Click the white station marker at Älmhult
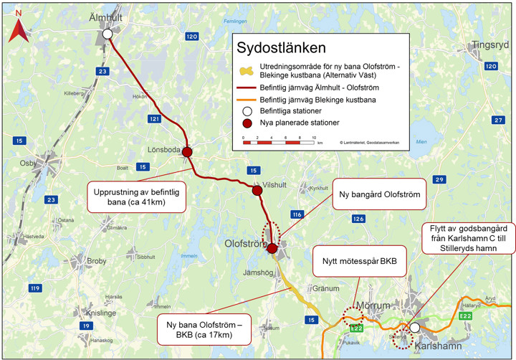(107, 34)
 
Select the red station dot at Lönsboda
(187, 152)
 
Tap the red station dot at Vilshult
(257, 191)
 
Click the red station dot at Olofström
(272, 249)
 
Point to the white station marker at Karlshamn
(414, 328)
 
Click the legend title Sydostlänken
(281, 49)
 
